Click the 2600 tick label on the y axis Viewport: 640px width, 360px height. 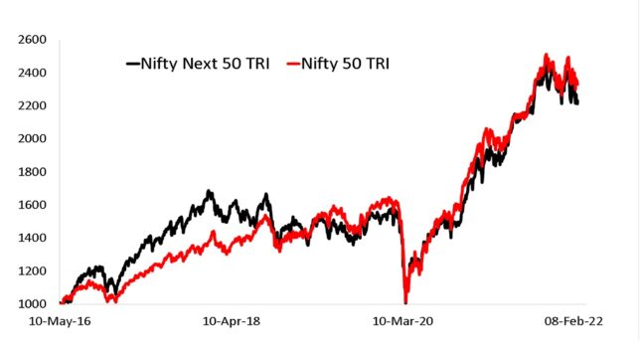[x=30, y=40]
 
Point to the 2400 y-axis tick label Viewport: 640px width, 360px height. [x=30, y=73]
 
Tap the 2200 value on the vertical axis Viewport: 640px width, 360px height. [x=30, y=105]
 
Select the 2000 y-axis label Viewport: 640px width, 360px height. [x=30, y=139]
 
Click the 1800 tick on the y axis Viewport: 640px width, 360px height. [x=30, y=172]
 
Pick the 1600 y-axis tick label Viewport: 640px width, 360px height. [x=30, y=205]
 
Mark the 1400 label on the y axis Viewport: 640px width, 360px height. [x=30, y=238]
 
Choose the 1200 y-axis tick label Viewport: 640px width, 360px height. [x=30, y=270]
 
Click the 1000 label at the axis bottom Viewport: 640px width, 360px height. [x=30, y=304]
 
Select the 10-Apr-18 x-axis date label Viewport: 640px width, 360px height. [x=233, y=324]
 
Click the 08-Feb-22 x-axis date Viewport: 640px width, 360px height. [x=576, y=324]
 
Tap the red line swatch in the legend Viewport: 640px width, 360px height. [x=295, y=65]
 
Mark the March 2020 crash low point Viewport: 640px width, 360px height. [x=404, y=301]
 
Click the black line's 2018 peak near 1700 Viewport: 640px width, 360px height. [x=209, y=191]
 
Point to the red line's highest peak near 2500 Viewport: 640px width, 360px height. [x=546, y=55]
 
